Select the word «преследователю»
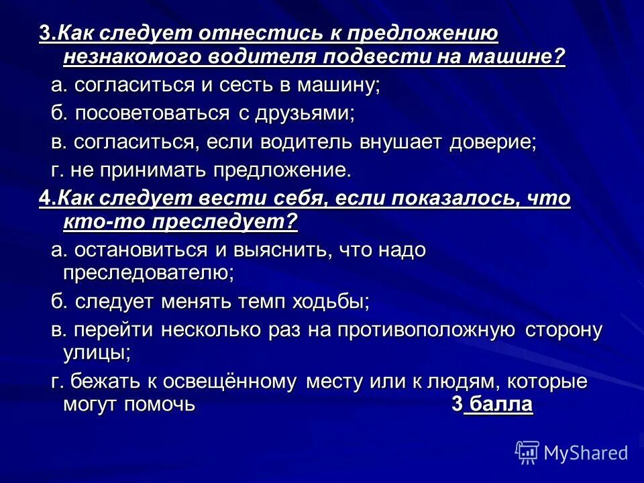click(148, 272)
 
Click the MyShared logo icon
click(527, 452)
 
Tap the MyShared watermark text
click(586, 453)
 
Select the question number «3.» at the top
click(46, 35)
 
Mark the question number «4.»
click(46, 199)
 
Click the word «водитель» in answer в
click(302, 142)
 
